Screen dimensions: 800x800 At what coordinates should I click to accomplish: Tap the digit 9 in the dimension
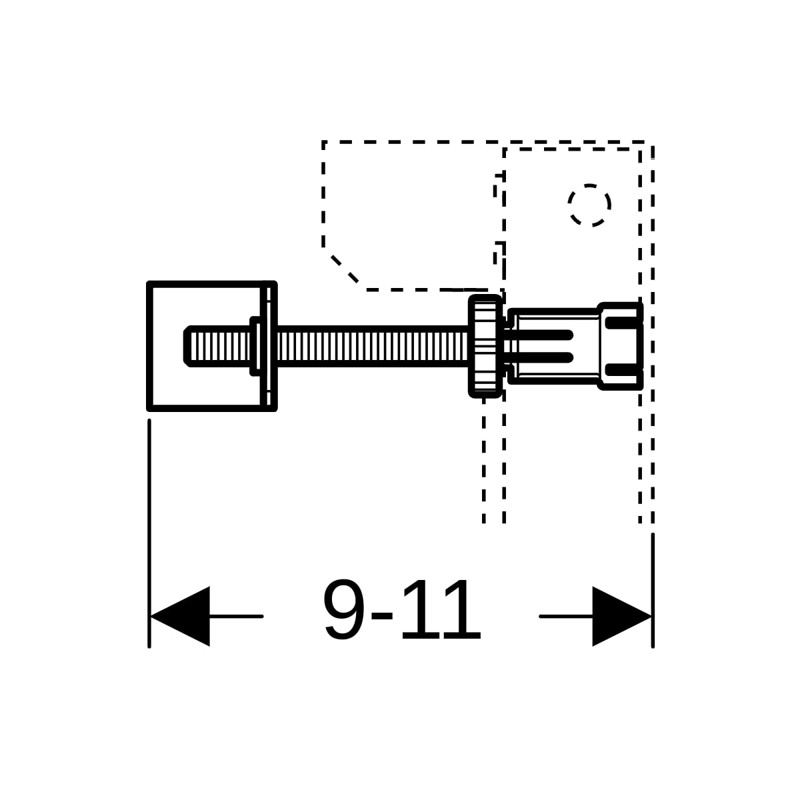pos(344,609)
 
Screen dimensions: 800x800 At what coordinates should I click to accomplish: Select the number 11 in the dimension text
pos(441,609)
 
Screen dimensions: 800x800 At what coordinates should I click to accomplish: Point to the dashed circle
pos(589,205)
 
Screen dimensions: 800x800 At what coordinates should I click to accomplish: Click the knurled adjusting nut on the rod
pos(485,346)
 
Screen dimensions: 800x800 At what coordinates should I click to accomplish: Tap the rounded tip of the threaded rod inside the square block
pos(187,346)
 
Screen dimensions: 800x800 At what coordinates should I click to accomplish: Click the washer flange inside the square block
pos(255,346)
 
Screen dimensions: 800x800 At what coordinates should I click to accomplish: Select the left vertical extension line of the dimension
pos(149,533)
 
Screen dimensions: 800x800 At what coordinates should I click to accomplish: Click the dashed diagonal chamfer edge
pos(344,269)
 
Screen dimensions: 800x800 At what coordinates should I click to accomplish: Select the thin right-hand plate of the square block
pos(269,346)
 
